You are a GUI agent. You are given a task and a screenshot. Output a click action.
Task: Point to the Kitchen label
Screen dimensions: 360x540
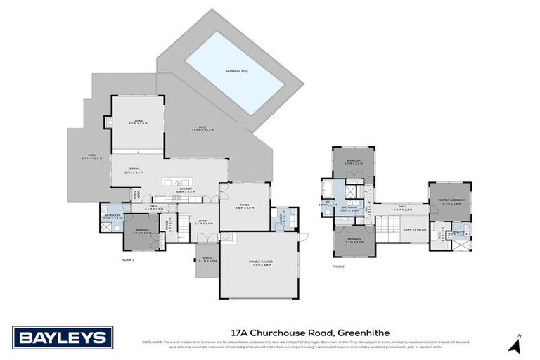185,189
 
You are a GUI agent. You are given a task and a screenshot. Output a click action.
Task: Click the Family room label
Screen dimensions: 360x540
243,205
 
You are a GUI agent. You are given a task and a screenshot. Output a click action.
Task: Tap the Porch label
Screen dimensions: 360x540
207,261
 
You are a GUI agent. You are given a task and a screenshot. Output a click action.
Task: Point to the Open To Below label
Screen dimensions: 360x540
416,230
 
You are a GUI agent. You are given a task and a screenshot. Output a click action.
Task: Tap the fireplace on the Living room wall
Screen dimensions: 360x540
108,124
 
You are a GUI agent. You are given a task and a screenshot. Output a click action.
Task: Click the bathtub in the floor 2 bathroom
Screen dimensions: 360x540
330,189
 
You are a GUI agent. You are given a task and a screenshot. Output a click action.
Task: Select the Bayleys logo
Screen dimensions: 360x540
63,337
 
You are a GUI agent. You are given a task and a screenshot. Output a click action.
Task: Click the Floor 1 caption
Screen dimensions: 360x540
128,260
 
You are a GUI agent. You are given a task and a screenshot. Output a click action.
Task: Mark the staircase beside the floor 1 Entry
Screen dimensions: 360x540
182,228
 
